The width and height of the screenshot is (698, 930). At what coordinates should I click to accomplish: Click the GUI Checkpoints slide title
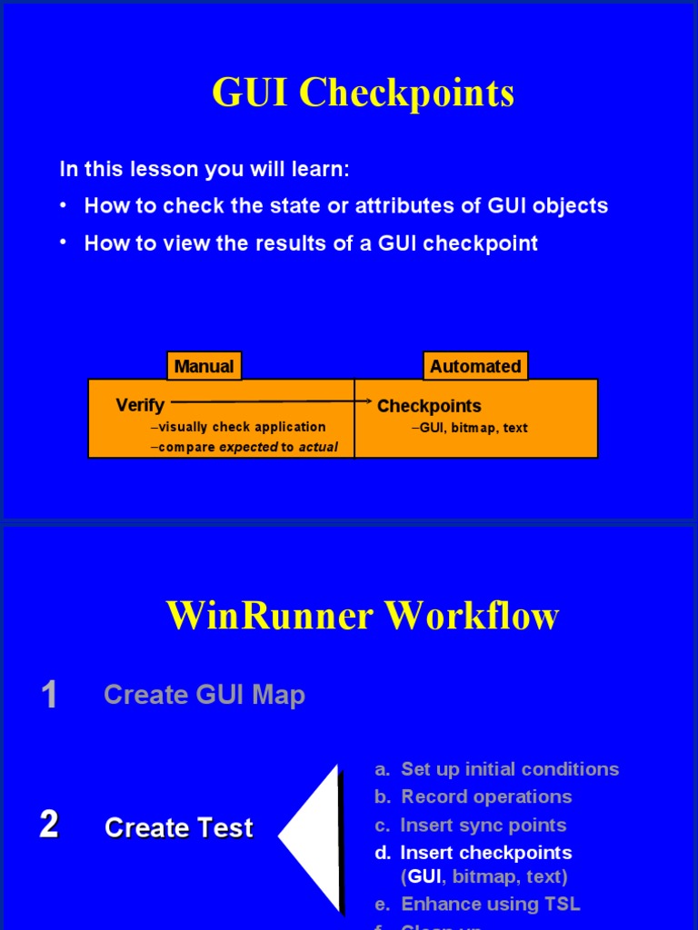[x=363, y=93]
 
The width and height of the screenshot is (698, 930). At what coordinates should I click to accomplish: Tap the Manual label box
[x=204, y=366]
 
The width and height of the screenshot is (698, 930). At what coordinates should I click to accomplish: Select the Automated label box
[x=475, y=366]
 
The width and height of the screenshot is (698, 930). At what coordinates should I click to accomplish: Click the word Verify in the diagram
[x=140, y=405]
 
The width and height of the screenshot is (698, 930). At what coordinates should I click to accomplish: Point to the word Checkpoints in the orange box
[x=429, y=406]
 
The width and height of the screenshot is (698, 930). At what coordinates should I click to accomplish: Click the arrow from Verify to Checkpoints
[x=273, y=401]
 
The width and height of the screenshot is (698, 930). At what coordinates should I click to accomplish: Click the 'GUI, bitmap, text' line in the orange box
[x=473, y=428]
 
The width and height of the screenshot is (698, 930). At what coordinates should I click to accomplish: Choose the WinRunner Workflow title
[x=363, y=616]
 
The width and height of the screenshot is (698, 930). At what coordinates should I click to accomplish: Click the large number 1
[x=49, y=695]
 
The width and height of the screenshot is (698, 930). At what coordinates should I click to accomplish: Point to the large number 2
[x=49, y=825]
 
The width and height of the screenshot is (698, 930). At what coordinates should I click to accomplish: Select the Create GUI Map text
[x=204, y=695]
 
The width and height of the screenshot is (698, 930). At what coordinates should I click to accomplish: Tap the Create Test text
[x=179, y=827]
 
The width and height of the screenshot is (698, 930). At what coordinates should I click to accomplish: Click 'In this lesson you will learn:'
[x=204, y=169]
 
